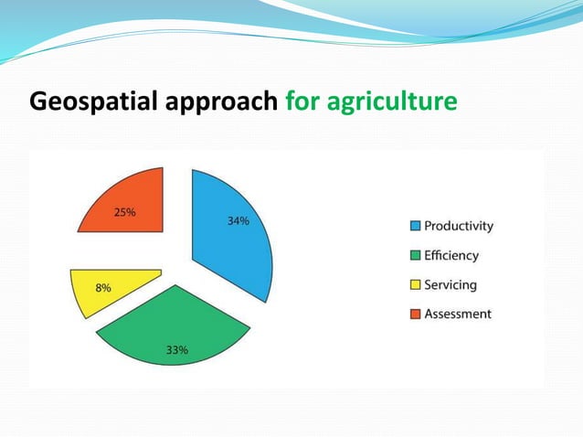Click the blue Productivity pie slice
233,247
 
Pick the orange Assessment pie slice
128,206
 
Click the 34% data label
238,220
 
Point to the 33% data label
176,350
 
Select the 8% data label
104,287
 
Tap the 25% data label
125,212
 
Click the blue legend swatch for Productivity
416,226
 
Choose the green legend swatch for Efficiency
416,255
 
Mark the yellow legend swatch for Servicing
416,284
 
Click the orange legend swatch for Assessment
416,314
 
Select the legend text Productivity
458,226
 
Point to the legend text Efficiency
450,255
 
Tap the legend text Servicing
450,284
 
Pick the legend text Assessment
457,314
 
